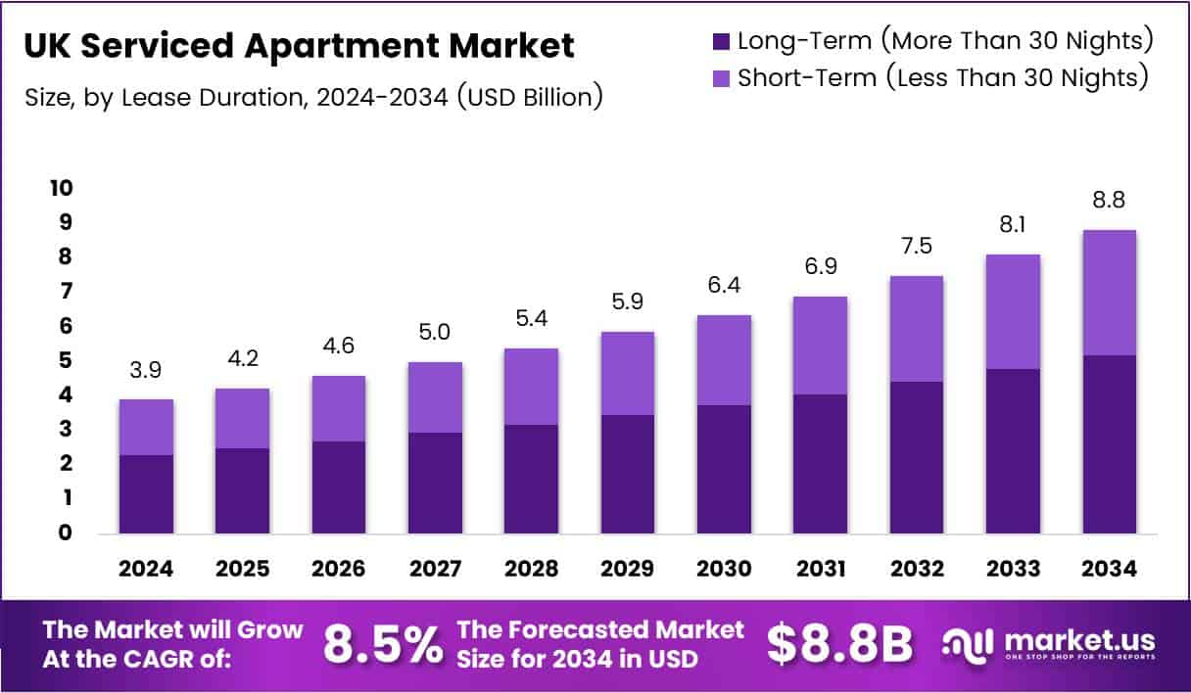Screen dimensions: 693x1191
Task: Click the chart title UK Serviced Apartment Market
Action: [x=299, y=46]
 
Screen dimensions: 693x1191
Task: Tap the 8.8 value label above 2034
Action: [x=1108, y=201]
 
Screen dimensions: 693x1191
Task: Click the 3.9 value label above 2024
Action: [x=145, y=370]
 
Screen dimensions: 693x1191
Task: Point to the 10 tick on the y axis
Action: [x=61, y=188]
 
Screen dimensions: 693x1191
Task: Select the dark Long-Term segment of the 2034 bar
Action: [x=1109, y=444]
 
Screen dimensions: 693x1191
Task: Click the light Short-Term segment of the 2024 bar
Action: [x=145, y=427]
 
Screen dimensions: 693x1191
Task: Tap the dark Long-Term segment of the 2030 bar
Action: [x=723, y=469]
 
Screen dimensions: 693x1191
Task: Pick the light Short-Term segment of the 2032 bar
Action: [x=916, y=329]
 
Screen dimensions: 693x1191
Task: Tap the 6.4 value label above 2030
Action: [x=723, y=286]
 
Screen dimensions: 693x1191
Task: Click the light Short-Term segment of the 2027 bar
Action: [x=434, y=397]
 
